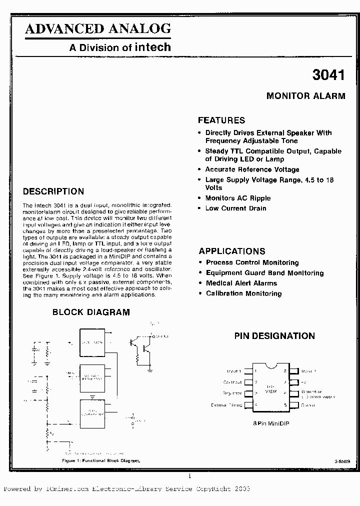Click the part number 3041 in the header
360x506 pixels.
pos(328,75)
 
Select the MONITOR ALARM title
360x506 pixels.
pos(305,96)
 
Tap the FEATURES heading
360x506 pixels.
pos(221,120)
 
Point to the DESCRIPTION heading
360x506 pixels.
pos(53,191)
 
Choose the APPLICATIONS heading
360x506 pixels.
pos(232,251)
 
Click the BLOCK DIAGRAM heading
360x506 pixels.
pos(91,312)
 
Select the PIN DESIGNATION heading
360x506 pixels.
pos(274,336)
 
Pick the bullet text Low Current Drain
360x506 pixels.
pos(235,208)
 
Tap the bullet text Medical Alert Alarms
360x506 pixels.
pos(241,283)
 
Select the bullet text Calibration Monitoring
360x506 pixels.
pos(243,293)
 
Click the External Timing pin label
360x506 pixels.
pos(226,405)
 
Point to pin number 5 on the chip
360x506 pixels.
pos(285,405)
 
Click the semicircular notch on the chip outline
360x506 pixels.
pos(270,366)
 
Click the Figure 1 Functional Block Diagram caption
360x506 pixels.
pos(101,460)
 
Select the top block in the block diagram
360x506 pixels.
pos(96,343)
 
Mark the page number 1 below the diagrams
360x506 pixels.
pos(189,476)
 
